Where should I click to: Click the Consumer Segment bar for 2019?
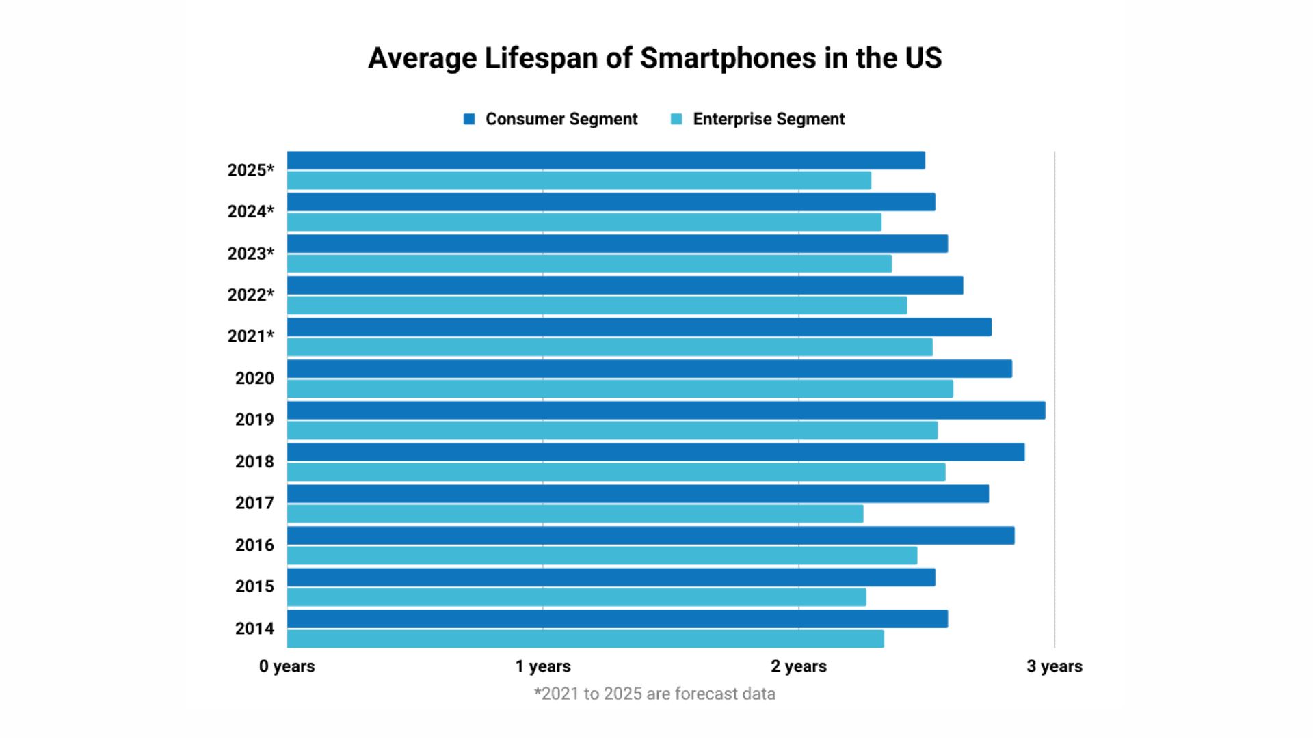coord(665,411)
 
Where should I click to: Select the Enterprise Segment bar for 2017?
coord(574,514)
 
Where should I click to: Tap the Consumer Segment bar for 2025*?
coord(605,161)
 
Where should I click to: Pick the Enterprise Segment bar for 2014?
coord(585,639)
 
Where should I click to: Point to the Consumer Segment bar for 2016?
coord(650,536)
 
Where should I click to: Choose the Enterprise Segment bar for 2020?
coord(620,389)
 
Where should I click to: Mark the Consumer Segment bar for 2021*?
coord(639,327)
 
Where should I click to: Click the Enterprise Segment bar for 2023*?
coord(589,264)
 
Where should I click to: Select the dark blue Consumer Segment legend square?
coord(469,120)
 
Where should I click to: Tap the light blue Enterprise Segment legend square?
coord(676,120)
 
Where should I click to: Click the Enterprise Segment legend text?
coord(769,120)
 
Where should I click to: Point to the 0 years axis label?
coord(287,666)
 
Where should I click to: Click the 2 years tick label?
coord(798,666)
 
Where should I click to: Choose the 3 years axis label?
coord(1054,666)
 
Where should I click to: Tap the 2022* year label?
coord(250,295)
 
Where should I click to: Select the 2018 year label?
coord(254,462)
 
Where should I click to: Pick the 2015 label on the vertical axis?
coord(254,587)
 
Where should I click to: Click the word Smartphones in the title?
coord(728,58)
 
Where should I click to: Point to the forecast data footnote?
coord(654,694)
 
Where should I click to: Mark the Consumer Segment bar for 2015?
coord(611,577)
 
